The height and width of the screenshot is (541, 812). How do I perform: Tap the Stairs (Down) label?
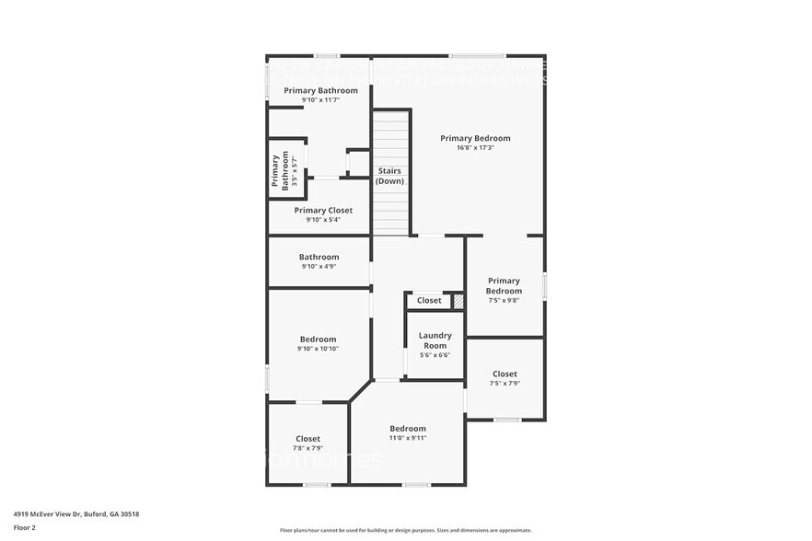click(x=389, y=176)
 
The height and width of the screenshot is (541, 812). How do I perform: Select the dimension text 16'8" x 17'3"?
click(x=475, y=148)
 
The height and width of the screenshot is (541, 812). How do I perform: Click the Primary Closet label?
click(x=317, y=211)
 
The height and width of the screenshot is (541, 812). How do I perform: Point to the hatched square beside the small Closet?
click(x=458, y=301)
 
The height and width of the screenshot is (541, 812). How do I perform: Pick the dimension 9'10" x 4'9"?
click(x=319, y=267)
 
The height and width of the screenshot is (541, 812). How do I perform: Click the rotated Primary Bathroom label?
click(x=279, y=172)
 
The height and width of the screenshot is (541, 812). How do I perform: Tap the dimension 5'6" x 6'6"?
click(x=435, y=355)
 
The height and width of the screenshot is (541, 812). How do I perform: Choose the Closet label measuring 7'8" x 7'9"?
click(x=307, y=439)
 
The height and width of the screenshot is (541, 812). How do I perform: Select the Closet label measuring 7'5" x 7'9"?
click(x=505, y=374)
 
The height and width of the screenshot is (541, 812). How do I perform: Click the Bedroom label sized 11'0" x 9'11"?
click(x=408, y=429)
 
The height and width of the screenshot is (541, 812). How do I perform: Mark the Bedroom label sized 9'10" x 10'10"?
click(x=318, y=340)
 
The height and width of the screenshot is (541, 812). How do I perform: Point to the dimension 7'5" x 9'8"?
click(x=504, y=300)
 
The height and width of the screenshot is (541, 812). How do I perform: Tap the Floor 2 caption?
click(x=25, y=527)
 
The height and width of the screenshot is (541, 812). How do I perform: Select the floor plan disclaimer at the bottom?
click(x=405, y=530)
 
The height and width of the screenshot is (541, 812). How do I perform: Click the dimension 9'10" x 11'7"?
click(x=320, y=99)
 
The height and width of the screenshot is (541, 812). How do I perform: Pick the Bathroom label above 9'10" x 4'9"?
click(x=319, y=257)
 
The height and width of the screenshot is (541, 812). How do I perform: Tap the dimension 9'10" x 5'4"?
click(x=317, y=220)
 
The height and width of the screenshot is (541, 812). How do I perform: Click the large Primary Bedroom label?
click(x=475, y=138)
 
